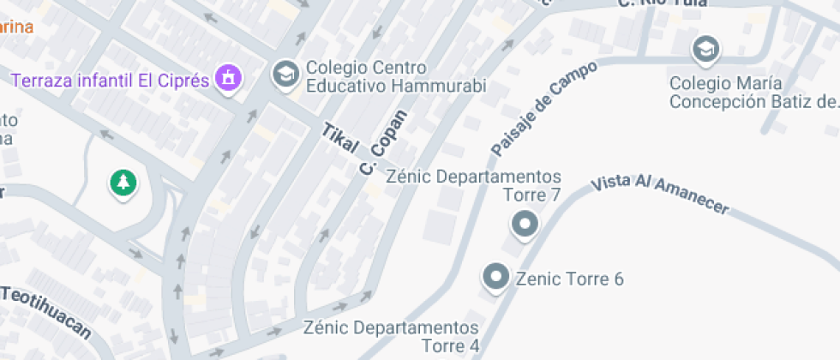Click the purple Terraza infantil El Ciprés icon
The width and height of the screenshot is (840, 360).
coord(230,79)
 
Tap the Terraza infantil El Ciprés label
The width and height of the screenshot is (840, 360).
coord(111,81)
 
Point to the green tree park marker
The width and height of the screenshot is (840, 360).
coord(124,182)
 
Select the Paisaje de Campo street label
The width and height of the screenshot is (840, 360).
coord(531,114)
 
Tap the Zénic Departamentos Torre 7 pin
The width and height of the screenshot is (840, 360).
coord(524,225)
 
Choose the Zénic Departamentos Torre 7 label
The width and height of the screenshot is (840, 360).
coord(474,186)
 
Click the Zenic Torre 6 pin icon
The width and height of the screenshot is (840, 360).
coord(495,278)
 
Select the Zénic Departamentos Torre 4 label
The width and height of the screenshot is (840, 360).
coord(392,337)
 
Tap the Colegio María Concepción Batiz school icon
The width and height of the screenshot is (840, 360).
coord(706,49)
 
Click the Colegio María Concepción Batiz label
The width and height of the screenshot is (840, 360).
coord(752,93)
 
